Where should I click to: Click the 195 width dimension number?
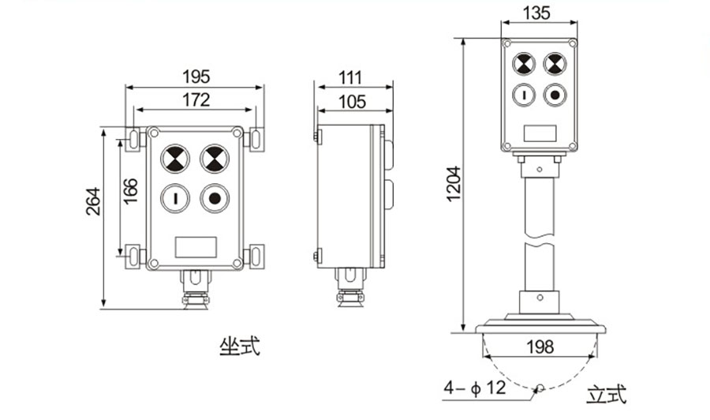click(x=196, y=77)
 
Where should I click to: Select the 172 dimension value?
click(x=196, y=99)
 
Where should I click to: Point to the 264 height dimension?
click(x=93, y=201)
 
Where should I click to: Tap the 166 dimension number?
click(x=130, y=191)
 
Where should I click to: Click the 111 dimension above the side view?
click(x=350, y=78)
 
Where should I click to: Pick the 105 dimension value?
click(x=352, y=102)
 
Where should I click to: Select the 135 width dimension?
click(x=536, y=13)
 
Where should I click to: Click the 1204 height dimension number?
click(x=454, y=184)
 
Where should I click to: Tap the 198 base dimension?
click(x=540, y=347)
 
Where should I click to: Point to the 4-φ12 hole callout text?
click(x=475, y=388)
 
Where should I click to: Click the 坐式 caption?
click(x=240, y=347)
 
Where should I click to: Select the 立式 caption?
click(x=607, y=394)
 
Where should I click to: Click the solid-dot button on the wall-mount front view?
click(x=215, y=198)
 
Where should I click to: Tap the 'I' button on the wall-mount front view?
click(x=175, y=198)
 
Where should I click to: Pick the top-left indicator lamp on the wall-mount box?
click(x=175, y=159)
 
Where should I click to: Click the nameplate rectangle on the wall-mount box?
click(x=196, y=247)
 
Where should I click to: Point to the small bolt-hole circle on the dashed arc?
click(x=540, y=388)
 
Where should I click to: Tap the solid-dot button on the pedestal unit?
click(x=555, y=96)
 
